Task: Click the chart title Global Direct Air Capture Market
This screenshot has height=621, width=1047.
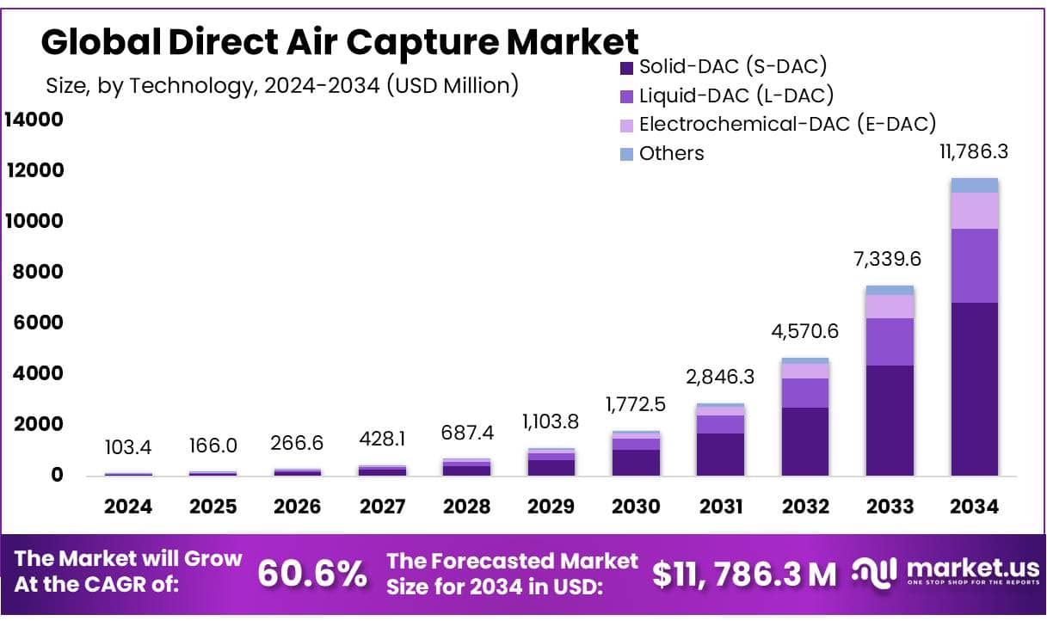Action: coord(340,41)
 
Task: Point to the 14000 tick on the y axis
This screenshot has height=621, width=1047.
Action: coord(34,120)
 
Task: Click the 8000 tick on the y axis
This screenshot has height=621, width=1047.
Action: coord(37,272)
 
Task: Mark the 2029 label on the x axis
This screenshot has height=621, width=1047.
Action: coord(551,506)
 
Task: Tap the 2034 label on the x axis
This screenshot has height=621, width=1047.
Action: coord(974,506)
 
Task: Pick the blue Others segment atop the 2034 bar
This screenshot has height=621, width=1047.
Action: coord(974,185)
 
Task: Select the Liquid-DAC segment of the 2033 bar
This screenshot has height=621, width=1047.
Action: coord(890,341)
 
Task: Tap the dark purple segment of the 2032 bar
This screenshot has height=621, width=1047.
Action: coord(804,441)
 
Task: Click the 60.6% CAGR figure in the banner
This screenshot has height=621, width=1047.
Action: coord(312,574)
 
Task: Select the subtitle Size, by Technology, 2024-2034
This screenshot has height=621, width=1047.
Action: coord(281,85)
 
